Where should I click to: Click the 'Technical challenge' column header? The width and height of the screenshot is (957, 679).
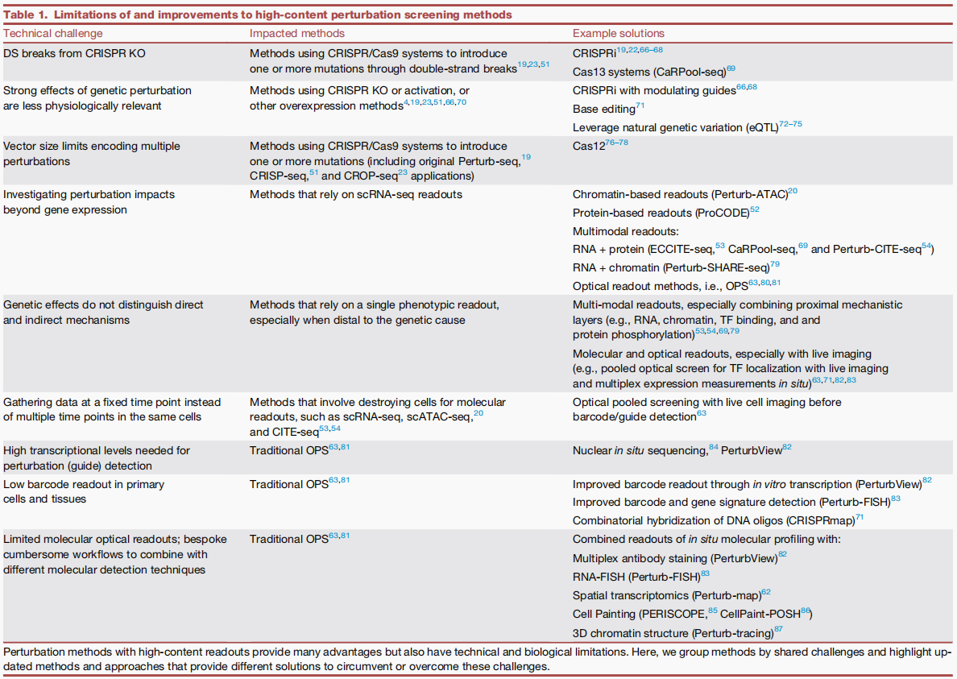[53, 33]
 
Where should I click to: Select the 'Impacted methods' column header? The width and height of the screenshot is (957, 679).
[296, 33]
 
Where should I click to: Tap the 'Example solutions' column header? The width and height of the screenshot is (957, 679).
[619, 33]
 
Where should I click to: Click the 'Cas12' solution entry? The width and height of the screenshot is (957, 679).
[588, 147]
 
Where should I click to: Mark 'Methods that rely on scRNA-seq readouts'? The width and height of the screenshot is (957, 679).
[355, 194]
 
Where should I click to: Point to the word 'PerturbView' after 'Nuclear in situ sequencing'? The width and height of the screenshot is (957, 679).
[751, 451]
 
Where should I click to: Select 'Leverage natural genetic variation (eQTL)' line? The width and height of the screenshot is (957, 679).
[675, 127]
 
